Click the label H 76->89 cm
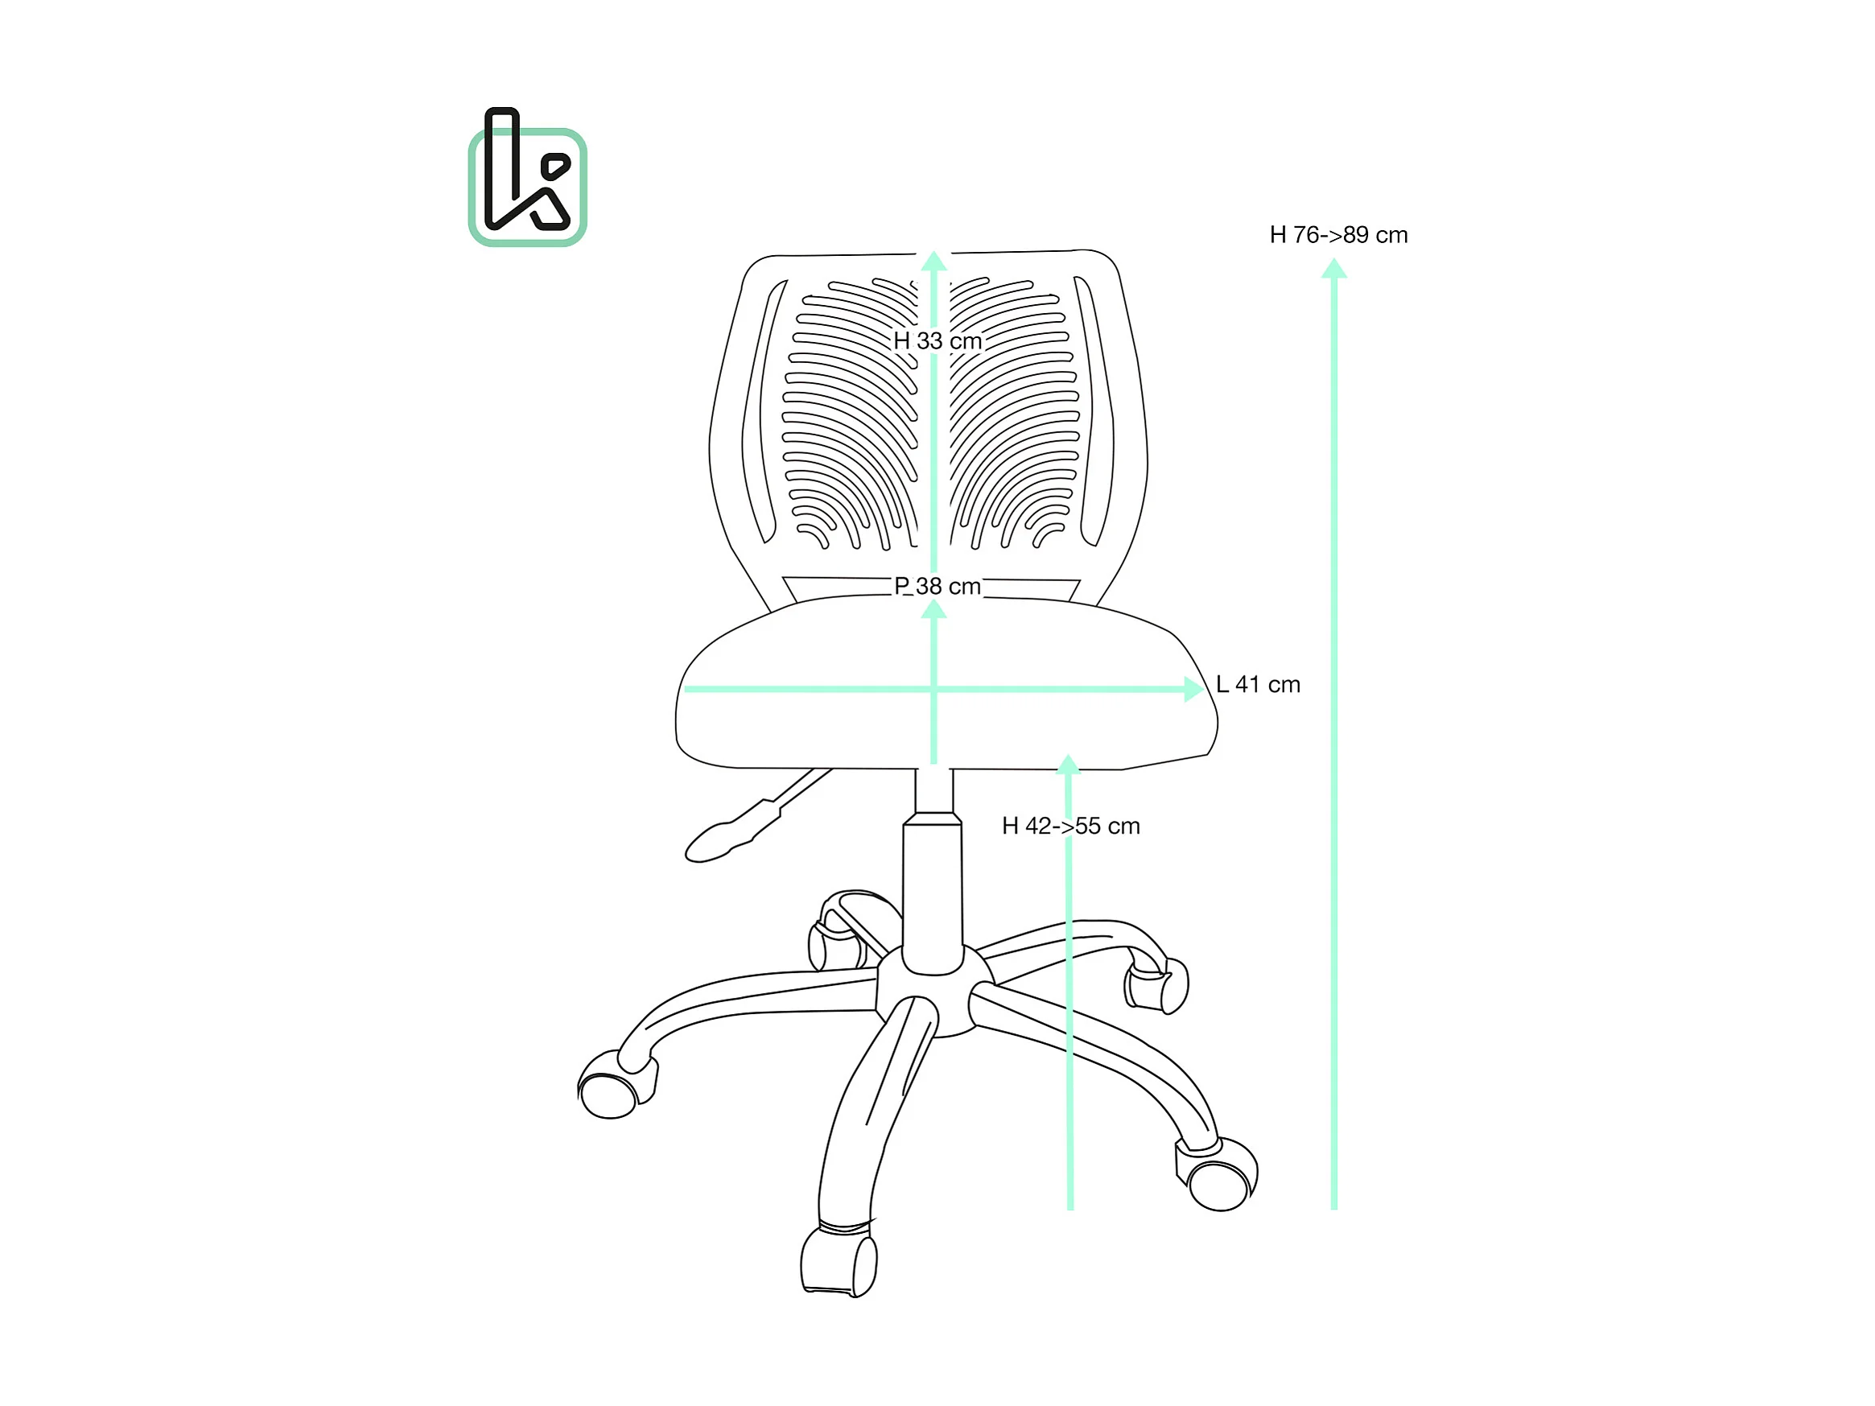pyautogui.click(x=1337, y=235)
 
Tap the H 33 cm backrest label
pyautogui.click(x=937, y=340)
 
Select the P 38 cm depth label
pyautogui.click(x=937, y=586)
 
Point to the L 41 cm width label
pyautogui.click(x=1257, y=684)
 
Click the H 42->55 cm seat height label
pyautogui.click(x=1069, y=826)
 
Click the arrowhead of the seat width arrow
pyautogui.click(x=1193, y=689)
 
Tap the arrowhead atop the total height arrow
pyautogui.click(x=1333, y=270)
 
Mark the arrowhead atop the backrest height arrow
pyautogui.click(x=933, y=261)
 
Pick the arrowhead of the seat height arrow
pyautogui.click(x=1068, y=764)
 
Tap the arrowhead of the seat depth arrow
pyautogui.click(x=933, y=608)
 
